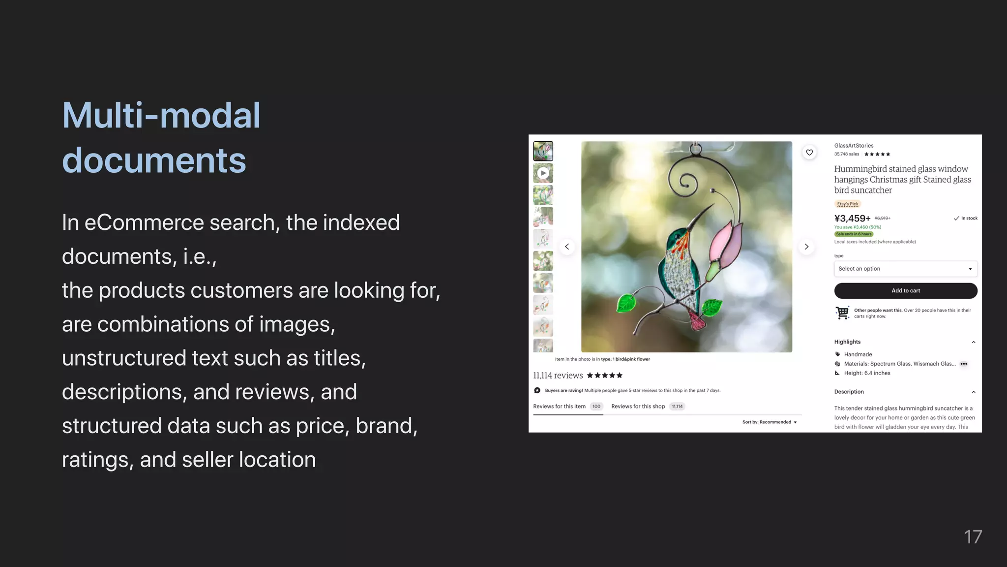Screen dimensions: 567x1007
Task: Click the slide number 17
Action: pyautogui.click(x=973, y=537)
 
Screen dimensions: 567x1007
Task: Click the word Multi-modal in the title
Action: pyautogui.click(x=161, y=116)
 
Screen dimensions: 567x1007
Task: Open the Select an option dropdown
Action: pyautogui.click(x=905, y=269)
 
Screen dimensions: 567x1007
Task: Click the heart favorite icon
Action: pyautogui.click(x=809, y=153)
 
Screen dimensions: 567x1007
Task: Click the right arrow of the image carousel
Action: pyautogui.click(x=806, y=247)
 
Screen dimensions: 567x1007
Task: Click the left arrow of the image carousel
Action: pyautogui.click(x=567, y=247)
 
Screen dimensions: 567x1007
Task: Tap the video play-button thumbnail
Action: pyautogui.click(x=543, y=173)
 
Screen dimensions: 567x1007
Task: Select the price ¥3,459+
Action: pyautogui.click(x=852, y=219)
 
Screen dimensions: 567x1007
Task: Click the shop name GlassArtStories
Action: pyautogui.click(x=854, y=146)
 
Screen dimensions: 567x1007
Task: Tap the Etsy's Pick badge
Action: pyautogui.click(x=848, y=204)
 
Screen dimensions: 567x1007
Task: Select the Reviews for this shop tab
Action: pyautogui.click(x=638, y=407)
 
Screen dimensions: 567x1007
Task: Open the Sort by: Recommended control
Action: pyautogui.click(x=769, y=422)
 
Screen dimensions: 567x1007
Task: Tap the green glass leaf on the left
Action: pyautogui.click(x=626, y=303)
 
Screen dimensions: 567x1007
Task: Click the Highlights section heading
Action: pyautogui.click(x=847, y=342)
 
